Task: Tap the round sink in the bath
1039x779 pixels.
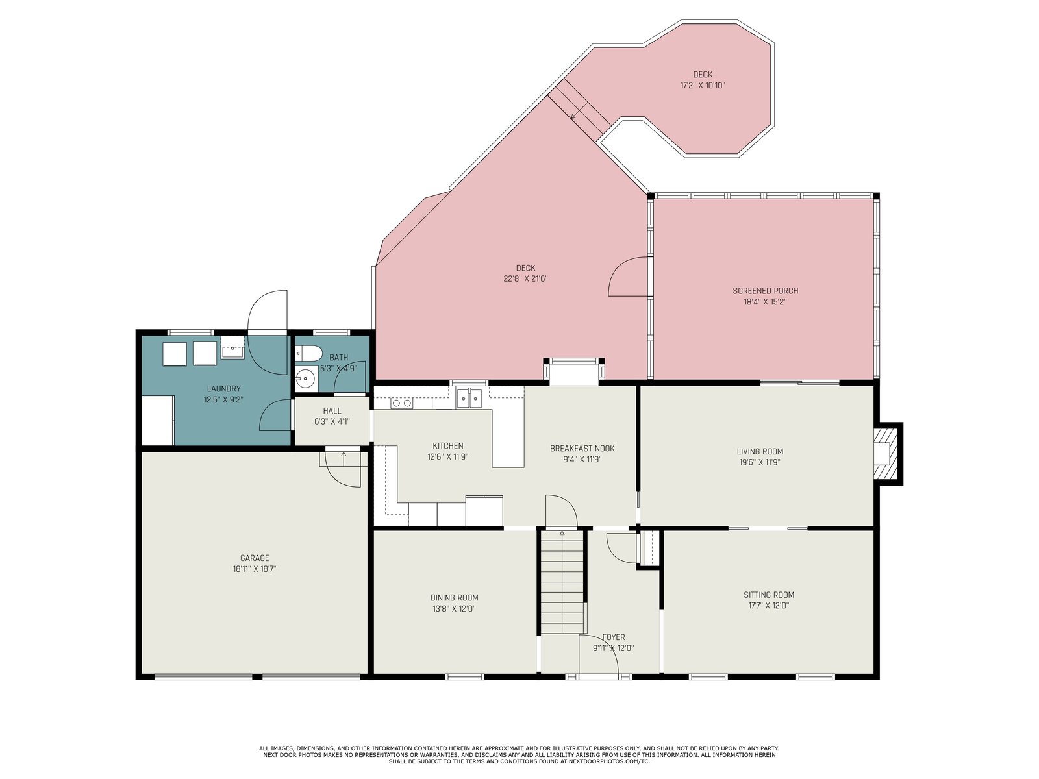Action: coord(306,378)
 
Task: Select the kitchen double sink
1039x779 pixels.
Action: coord(468,397)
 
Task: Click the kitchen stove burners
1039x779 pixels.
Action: coord(401,403)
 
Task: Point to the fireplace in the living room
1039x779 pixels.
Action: coord(884,454)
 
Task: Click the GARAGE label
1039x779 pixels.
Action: coord(255,558)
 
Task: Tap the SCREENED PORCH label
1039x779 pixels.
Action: coord(765,291)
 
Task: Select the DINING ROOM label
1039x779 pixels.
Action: coord(454,598)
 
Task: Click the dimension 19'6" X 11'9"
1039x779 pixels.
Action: coord(759,463)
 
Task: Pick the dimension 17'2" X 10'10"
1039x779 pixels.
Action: coord(703,86)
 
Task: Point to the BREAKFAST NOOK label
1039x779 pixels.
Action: coord(582,449)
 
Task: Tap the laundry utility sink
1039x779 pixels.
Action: coord(232,348)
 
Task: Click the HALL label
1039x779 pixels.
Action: coord(332,411)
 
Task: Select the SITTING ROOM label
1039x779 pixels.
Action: coord(769,595)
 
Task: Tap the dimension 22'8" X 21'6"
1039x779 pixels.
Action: coord(525,279)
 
